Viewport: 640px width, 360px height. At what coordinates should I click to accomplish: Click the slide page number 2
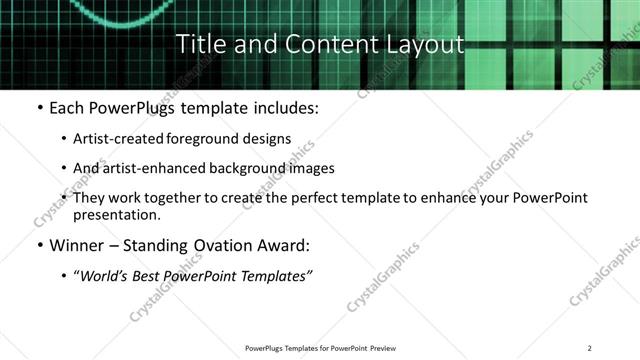click(x=590, y=348)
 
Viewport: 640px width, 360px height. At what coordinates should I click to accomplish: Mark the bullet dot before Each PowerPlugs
click(x=38, y=107)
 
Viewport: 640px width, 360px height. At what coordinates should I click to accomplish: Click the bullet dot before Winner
click(x=38, y=244)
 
